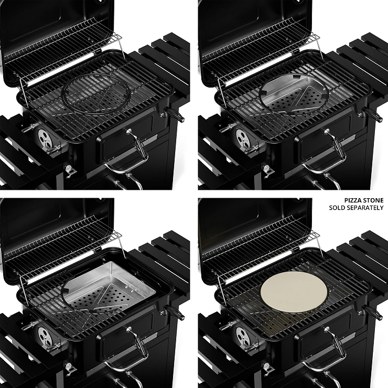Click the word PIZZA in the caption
coord(353,200)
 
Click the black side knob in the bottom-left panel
coord(176,312)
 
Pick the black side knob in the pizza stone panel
coord(374,312)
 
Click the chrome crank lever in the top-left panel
coord(139,146)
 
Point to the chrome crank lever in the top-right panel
coord(337,146)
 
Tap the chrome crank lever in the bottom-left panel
coord(139,344)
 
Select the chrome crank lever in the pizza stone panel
coord(337,344)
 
